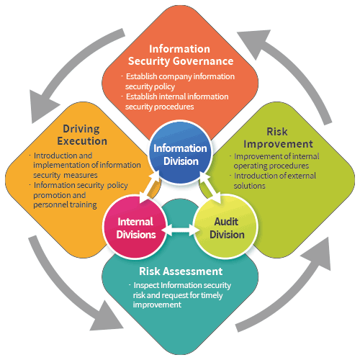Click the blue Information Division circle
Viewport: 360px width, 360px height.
pyautogui.click(x=180, y=153)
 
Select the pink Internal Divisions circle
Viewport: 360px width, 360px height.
pyautogui.click(x=135, y=227)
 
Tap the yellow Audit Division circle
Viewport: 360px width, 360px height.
pyautogui.click(x=225, y=227)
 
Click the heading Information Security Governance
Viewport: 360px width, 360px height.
pyautogui.click(x=181, y=55)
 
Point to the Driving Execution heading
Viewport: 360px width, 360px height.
pyautogui.click(x=82, y=135)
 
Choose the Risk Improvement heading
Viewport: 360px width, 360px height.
pyautogui.click(x=278, y=138)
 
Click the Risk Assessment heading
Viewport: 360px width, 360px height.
pyautogui.click(x=181, y=271)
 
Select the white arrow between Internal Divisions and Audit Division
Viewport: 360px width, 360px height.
pyautogui.click(x=180, y=230)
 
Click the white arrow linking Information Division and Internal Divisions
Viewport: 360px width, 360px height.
pyautogui.click(x=150, y=188)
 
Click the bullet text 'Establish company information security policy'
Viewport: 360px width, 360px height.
pyautogui.click(x=178, y=81)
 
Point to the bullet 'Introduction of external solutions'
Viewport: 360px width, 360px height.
pyautogui.click(x=273, y=181)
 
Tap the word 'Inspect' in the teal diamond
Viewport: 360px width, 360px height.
pyautogui.click(x=146, y=285)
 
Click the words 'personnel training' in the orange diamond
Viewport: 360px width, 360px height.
pyautogui.click(x=65, y=204)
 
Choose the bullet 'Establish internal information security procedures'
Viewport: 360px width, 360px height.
pyautogui.click(x=175, y=102)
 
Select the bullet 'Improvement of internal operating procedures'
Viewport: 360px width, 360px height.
pyautogui.click(x=274, y=161)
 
